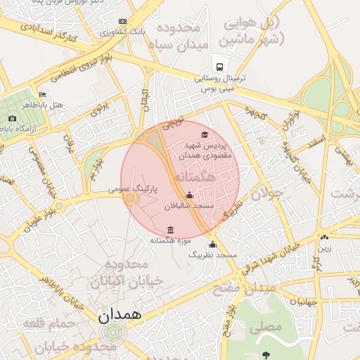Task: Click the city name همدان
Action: click(x=120, y=314)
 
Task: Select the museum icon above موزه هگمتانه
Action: click(x=171, y=230)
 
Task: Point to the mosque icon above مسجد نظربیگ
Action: click(x=212, y=245)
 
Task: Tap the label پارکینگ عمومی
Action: click(x=133, y=189)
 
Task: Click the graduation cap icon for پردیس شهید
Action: click(x=205, y=135)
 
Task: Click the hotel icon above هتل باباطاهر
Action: click(x=43, y=94)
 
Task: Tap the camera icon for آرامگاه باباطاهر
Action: click(x=12, y=119)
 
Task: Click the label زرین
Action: click(x=324, y=248)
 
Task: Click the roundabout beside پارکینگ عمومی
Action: click(x=129, y=199)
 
